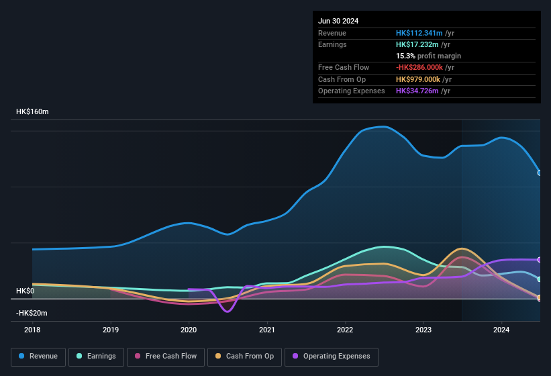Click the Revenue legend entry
point(38,357)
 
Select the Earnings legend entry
point(95,357)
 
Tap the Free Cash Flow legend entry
point(166,357)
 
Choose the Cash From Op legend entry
point(245,357)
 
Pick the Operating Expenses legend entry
point(332,357)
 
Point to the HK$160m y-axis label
point(32,111)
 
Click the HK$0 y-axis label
point(25,291)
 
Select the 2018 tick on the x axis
point(32,330)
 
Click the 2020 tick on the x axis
point(189,330)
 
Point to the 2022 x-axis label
point(345,330)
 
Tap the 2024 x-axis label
point(501,330)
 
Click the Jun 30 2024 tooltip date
point(338,21)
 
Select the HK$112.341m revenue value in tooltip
point(419,33)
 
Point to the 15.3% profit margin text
point(428,56)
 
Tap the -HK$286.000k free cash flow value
point(419,67)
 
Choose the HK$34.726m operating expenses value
point(417,91)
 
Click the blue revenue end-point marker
point(540,173)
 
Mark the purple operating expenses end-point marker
point(540,260)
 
